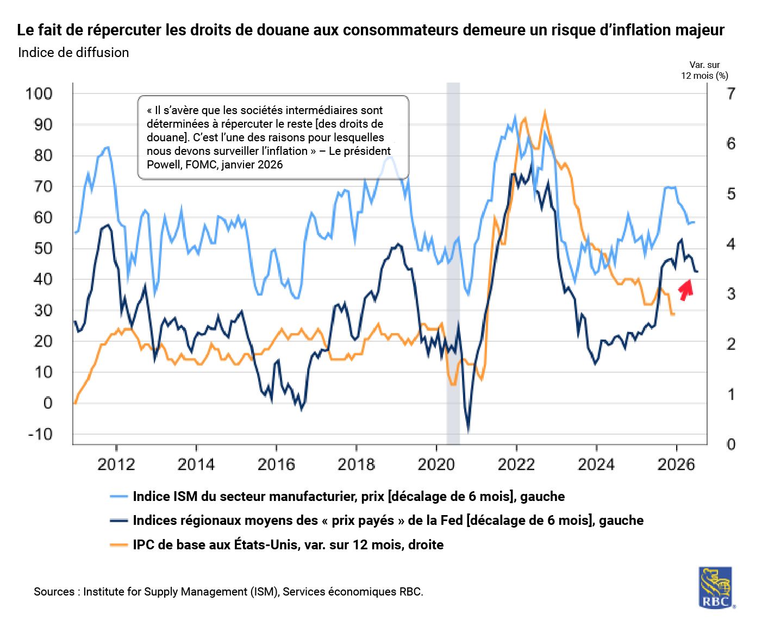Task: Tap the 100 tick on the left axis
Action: click(39, 93)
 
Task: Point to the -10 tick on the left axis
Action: click(40, 434)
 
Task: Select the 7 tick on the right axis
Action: click(731, 93)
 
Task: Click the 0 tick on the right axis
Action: click(731, 444)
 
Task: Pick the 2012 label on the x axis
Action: click(116, 465)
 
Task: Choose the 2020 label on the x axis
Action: click(436, 465)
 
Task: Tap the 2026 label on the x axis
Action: click(676, 465)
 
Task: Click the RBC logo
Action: click(715, 587)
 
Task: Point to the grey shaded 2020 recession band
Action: click(453, 261)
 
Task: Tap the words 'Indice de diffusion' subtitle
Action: click(73, 53)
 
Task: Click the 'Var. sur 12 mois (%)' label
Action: click(704, 70)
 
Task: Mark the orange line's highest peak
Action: click(545, 112)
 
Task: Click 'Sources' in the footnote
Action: click(54, 592)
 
